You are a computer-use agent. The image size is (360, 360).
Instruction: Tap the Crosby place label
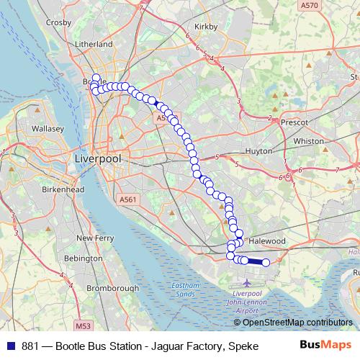coord(58,22)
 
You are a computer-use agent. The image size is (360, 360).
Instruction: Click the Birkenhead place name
coord(61,189)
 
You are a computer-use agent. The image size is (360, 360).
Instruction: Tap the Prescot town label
coord(295,122)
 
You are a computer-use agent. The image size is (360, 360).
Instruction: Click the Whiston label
coord(309,141)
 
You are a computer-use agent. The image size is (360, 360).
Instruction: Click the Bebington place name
coord(84,257)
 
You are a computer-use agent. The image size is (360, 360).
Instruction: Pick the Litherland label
coord(94,44)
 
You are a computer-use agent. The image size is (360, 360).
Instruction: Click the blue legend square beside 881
coord(12,345)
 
